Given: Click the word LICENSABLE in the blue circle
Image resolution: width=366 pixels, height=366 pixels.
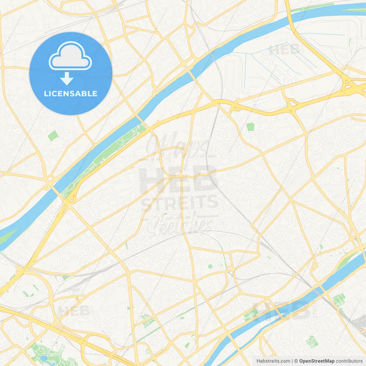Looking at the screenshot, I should (70, 93).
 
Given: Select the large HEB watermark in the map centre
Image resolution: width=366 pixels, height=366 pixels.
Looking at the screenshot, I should (178, 179).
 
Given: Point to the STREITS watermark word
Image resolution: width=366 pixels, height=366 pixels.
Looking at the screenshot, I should (180, 203).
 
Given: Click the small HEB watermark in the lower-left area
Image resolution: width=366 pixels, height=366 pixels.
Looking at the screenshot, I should (74, 311).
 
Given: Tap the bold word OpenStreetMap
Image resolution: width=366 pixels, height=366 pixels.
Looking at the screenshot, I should (317, 360).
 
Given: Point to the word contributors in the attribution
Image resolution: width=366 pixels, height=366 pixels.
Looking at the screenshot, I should (349, 360).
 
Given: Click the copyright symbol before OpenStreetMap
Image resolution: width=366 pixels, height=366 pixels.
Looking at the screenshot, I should (296, 360).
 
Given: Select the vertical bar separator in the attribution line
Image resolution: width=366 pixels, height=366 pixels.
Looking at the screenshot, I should (291, 360).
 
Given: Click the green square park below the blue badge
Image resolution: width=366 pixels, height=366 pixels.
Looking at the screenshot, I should (53, 136).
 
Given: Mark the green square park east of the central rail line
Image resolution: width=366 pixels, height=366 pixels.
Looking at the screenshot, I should (250, 126).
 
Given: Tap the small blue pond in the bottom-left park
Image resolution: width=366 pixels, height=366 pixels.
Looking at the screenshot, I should (45, 358).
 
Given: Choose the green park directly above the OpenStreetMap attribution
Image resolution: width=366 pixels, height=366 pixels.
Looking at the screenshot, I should (312, 341).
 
